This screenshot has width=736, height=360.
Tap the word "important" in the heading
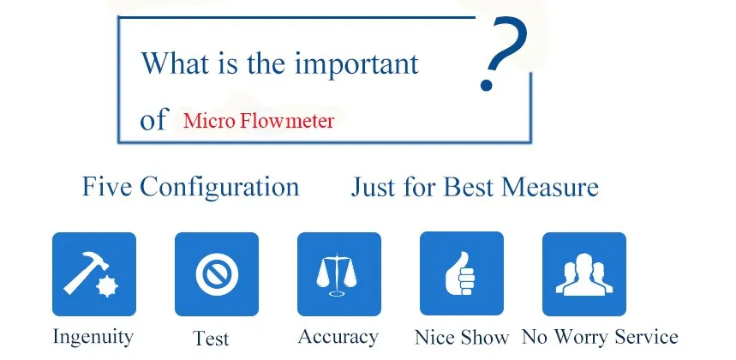(x=356, y=63)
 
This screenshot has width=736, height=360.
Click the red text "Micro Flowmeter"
(x=259, y=121)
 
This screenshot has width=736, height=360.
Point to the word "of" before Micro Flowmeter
(x=153, y=119)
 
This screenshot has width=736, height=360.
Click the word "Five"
(x=107, y=186)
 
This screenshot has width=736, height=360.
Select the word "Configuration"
(x=219, y=187)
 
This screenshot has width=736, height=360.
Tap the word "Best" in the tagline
(x=469, y=187)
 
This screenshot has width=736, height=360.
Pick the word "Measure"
(x=550, y=187)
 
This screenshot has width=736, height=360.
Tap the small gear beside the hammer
(x=107, y=286)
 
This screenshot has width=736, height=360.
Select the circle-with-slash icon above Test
(x=217, y=274)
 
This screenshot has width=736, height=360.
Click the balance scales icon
(x=336, y=274)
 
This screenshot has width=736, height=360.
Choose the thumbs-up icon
(x=460, y=273)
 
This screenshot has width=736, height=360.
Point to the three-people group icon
(x=584, y=274)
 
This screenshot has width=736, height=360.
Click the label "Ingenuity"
(x=93, y=337)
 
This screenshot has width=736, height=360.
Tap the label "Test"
(x=211, y=338)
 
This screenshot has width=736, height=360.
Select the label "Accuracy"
(x=338, y=337)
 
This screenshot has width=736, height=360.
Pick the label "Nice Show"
(x=462, y=338)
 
